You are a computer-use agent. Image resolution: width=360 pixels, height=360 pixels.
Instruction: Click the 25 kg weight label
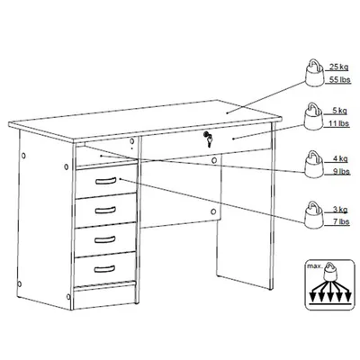[x=339, y=67]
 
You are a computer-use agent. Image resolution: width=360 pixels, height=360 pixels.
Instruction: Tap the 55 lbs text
[x=339, y=80]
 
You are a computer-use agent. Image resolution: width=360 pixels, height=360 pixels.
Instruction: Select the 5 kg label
[x=339, y=111]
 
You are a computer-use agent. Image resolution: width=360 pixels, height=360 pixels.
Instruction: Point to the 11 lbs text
[x=339, y=123]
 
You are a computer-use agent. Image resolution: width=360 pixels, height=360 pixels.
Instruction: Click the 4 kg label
[x=340, y=158]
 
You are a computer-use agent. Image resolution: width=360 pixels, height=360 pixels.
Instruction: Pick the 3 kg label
[x=340, y=209]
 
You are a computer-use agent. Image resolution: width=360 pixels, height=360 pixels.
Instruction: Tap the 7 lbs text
[x=341, y=221]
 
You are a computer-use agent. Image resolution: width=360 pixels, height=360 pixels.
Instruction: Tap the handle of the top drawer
[x=105, y=181]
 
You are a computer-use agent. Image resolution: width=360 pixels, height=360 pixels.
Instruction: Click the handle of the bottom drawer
[x=104, y=268]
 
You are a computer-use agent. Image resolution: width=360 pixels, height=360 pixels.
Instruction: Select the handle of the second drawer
[x=105, y=210]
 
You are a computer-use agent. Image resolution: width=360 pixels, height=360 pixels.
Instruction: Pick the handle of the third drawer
[x=105, y=239]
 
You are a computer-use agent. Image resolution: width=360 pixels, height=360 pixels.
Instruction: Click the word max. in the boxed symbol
[x=314, y=265]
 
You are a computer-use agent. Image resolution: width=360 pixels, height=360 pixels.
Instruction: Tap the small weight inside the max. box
[x=330, y=272]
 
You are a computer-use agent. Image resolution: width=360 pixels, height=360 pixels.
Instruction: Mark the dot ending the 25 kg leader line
[x=227, y=113]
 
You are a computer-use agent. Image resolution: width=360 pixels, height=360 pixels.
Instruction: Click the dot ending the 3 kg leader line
[x=121, y=179]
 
